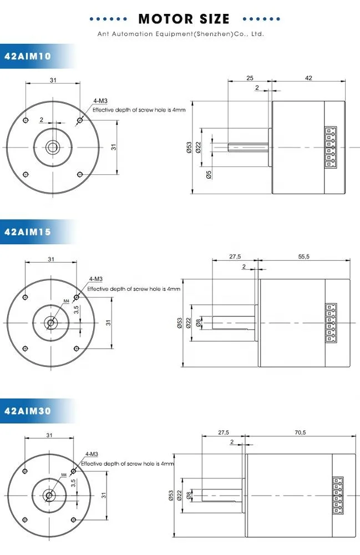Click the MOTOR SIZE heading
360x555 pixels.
click(x=184, y=19)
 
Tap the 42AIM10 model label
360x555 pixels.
click(x=28, y=56)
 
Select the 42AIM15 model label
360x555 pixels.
click(x=28, y=232)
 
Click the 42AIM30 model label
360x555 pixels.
click(x=28, y=411)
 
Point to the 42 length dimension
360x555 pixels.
click(x=308, y=78)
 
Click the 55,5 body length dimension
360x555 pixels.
click(x=304, y=256)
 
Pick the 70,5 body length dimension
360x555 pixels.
click(x=300, y=432)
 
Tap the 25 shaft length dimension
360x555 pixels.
click(x=250, y=78)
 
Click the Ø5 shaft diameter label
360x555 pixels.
click(x=209, y=174)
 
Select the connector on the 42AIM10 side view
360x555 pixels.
click(x=330, y=147)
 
